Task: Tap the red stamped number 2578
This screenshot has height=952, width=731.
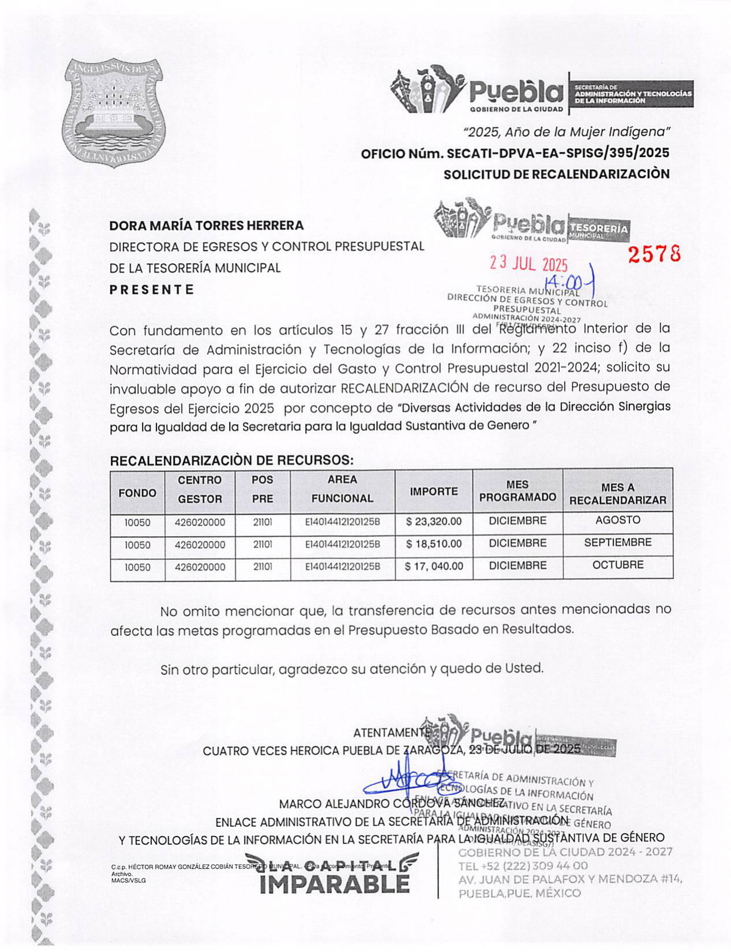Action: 654,254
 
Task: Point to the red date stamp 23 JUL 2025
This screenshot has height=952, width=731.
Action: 528,264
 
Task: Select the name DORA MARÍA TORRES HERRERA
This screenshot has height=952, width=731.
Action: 207,225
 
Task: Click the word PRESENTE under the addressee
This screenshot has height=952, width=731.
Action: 152,290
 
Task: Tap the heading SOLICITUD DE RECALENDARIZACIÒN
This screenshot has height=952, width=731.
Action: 556,174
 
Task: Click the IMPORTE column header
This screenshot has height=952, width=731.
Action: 433,492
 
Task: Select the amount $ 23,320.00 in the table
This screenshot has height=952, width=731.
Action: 433,522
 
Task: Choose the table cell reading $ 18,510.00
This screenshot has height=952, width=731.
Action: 433,544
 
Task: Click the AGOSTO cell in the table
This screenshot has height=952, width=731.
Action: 617,520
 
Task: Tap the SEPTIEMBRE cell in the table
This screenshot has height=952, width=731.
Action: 617,543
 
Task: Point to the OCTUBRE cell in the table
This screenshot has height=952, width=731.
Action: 617,565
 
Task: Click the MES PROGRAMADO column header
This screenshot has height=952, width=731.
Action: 518,491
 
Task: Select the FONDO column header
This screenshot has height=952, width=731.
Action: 137,493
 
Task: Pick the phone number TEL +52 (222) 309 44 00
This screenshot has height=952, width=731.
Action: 523,865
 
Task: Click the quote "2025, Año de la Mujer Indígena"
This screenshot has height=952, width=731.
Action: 567,132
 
